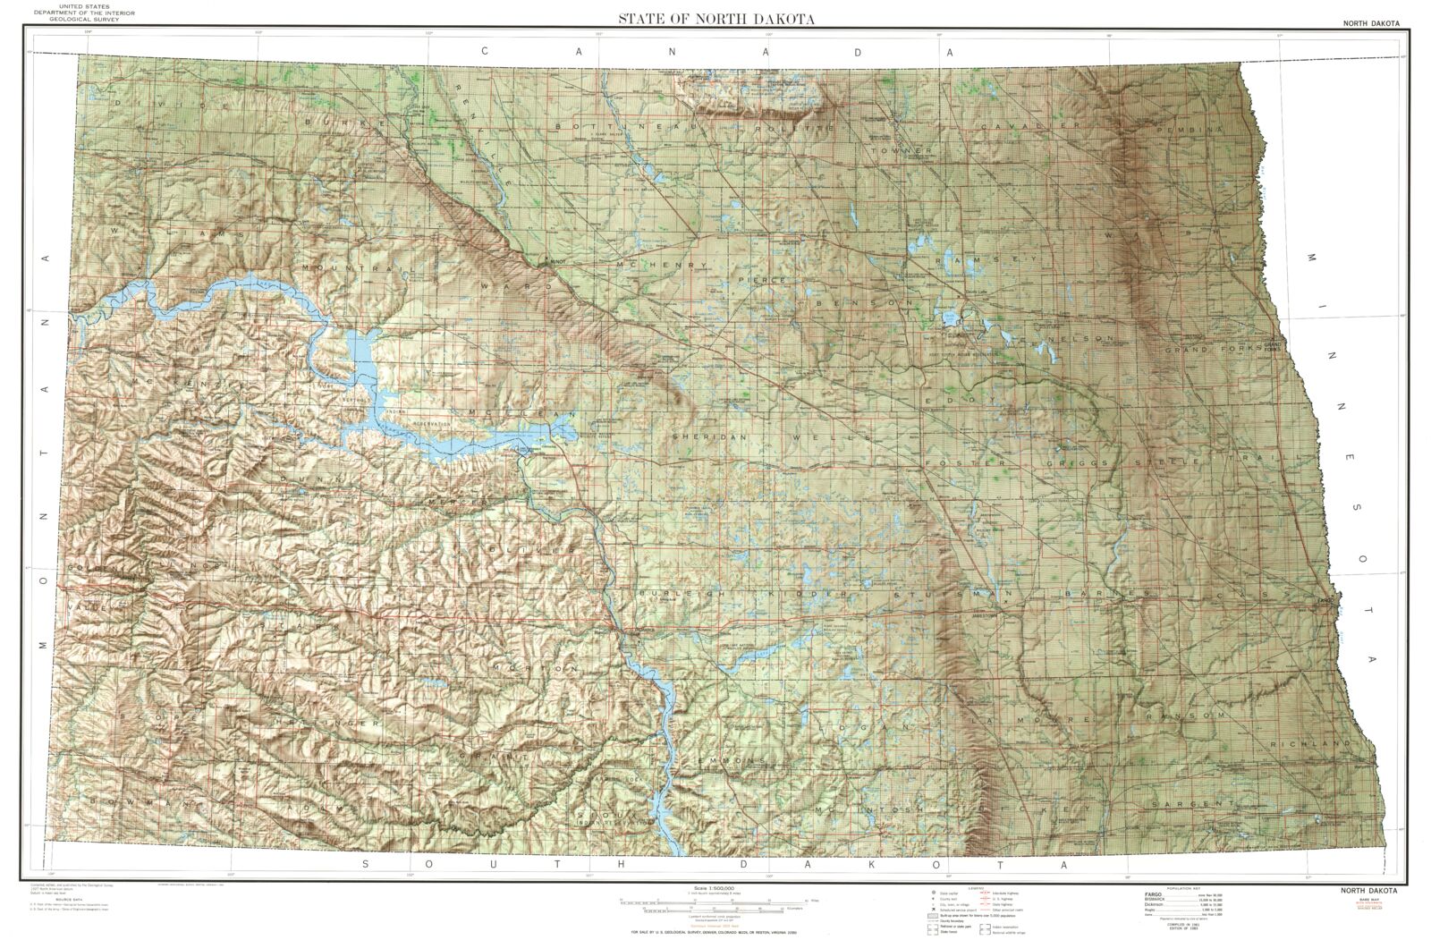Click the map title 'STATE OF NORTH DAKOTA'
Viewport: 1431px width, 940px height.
715,19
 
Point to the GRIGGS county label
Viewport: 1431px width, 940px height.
1082,462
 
